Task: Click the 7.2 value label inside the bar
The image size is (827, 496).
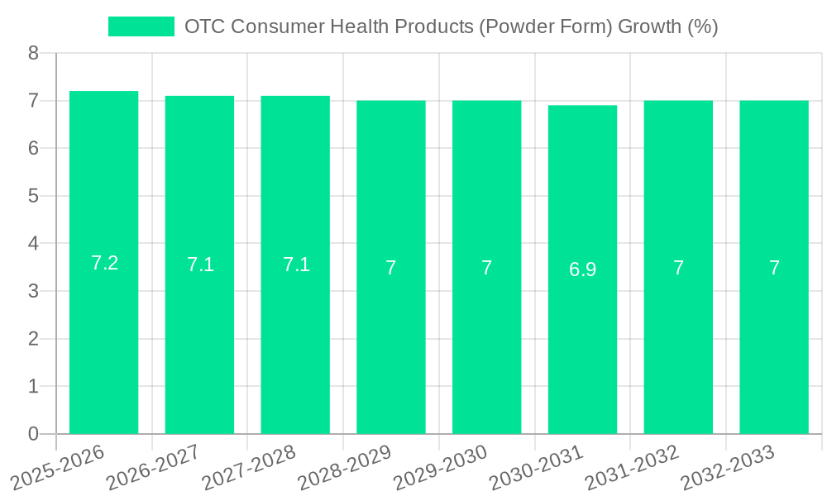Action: click(104, 263)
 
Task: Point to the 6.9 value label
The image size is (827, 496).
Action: click(582, 269)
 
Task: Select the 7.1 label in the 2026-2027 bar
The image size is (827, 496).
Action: click(200, 265)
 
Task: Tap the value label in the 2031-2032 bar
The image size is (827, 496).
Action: click(678, 268)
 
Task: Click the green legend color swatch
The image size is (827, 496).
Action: click(141, 26)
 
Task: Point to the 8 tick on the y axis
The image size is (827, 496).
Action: click(33, 53)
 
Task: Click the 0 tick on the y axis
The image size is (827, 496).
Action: click(33, 434)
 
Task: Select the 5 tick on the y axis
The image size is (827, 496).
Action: click(33, 196)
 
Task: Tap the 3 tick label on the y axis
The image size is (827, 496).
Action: click(33, 291)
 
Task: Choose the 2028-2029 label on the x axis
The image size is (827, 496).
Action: click(345, 467)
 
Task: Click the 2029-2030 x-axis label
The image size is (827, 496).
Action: click(441, 467)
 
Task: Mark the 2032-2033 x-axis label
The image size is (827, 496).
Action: click(728, 467)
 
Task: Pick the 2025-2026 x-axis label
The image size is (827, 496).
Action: click(58, 467)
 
